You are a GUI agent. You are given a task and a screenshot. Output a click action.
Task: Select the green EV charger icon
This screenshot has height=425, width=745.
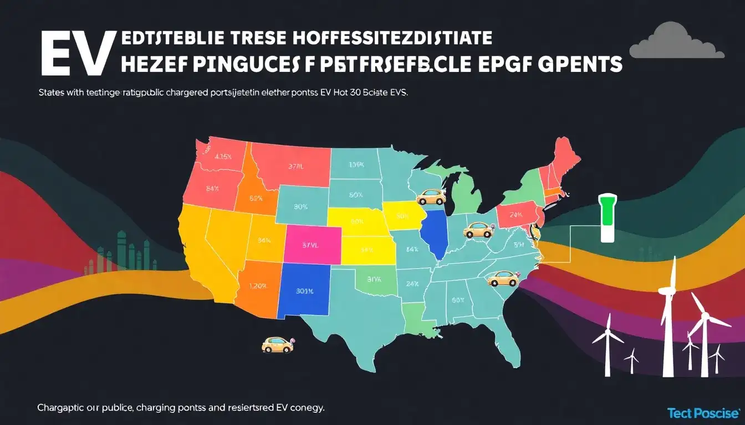(x=608, y=217)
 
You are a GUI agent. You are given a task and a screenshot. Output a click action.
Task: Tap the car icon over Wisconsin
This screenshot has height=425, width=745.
(x=430, y=196)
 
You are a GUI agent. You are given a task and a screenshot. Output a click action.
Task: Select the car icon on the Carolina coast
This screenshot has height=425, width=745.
(x=501, y=278)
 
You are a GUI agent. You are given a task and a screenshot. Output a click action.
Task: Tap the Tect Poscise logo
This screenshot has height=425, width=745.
(x=703, y=413)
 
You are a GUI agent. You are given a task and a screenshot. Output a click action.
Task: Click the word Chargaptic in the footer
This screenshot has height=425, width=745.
(x=60, y=408)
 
